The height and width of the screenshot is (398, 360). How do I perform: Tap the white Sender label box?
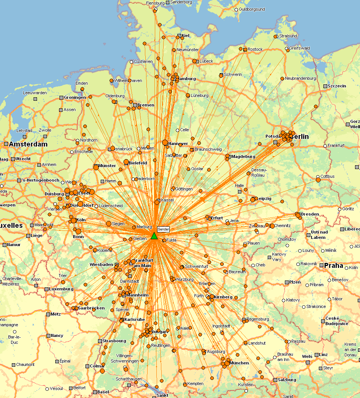pyautogui.click(x=163, y=229)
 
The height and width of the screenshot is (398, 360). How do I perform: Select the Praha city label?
pyautogui.click(x=334, y=266)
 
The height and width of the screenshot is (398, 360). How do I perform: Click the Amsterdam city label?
pyautogui.click(x=28, y=144)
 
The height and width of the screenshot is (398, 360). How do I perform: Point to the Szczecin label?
pyautogui.click(x=337, y=86)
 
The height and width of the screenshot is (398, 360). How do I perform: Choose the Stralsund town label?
pyautogui.click(x=288, y=36)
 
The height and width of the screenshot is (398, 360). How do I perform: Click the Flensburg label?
pyautogui.click(x=155, y=3)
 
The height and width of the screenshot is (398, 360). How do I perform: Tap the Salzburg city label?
pyautogui.click(x=287, y=380)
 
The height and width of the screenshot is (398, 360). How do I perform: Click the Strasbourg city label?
pyautogui.click(x=114, y=341)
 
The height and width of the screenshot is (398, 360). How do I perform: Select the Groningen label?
pyautogui.click(x=75, y=97)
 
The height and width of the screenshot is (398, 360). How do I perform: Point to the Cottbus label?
pyautogui.click(x=328, y=176)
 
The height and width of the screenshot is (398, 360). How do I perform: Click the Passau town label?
pyautogui.click(x=298, y=341)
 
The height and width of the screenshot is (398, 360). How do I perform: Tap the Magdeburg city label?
pyautogui.click(x=243, y=156)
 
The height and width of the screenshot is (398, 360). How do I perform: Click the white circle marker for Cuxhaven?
pyautogui.click(x=131, y=61)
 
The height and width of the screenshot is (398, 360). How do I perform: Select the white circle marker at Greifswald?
pyautogui.click(x=287, y=49)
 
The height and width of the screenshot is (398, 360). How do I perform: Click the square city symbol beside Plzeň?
pyautogui.click(x=286, y=282)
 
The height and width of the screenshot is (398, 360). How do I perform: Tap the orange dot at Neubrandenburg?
pyautogui.click(x=282, y=79)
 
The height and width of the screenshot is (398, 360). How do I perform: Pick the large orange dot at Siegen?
pyautogui.click(x=109, y=224)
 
